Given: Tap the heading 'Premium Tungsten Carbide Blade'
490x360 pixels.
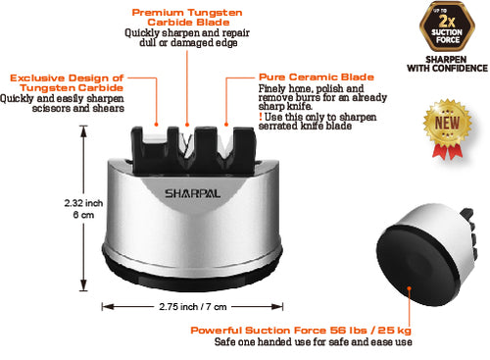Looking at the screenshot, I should pyautogui.click(x=186, y=16).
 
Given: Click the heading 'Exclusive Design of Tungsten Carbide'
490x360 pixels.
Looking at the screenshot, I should pyautogui.click(x=67, y=82).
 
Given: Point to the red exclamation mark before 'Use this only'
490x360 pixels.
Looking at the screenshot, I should pyautogui.click(x=261, y=117).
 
